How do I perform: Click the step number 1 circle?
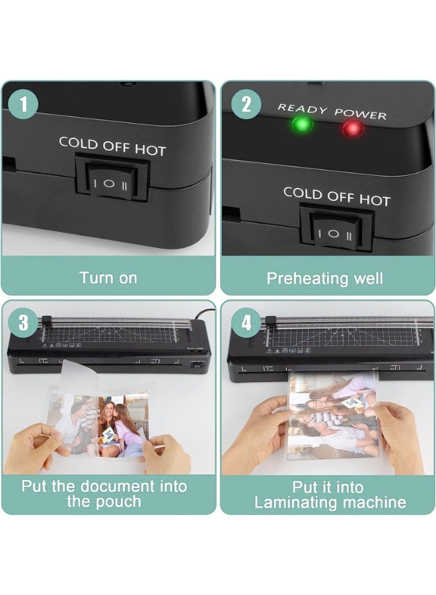point(24,105)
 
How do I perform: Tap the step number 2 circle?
point(246,104)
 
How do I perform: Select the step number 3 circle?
point(24,323)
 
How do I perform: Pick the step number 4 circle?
point(246,323)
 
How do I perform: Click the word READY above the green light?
point(302,108)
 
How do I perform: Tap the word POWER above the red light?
point(360,113)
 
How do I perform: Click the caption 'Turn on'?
point(108,278)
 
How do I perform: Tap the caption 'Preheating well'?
point(324,278)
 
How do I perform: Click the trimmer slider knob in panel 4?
point(268,322)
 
